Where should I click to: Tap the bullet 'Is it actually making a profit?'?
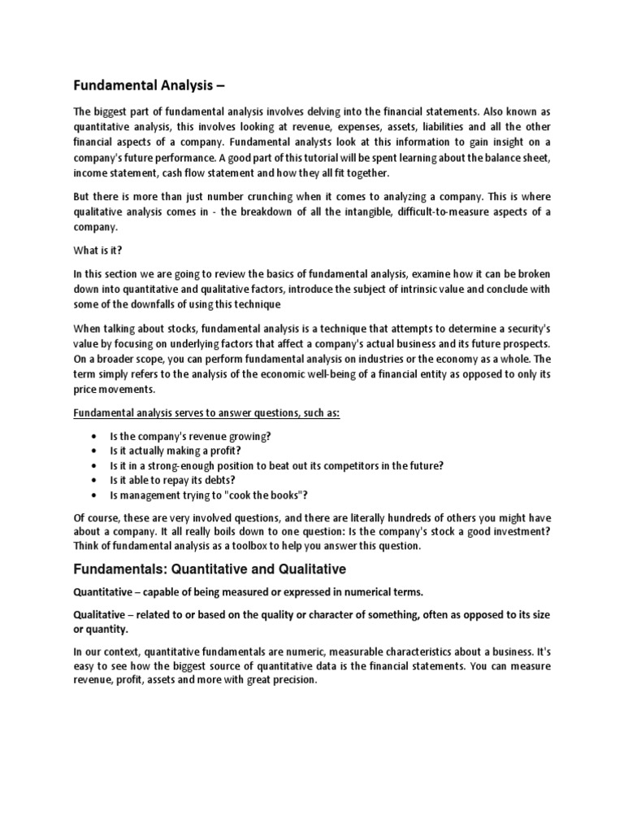[x=178, y=451]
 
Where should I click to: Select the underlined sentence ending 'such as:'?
[x=207, y=413]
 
